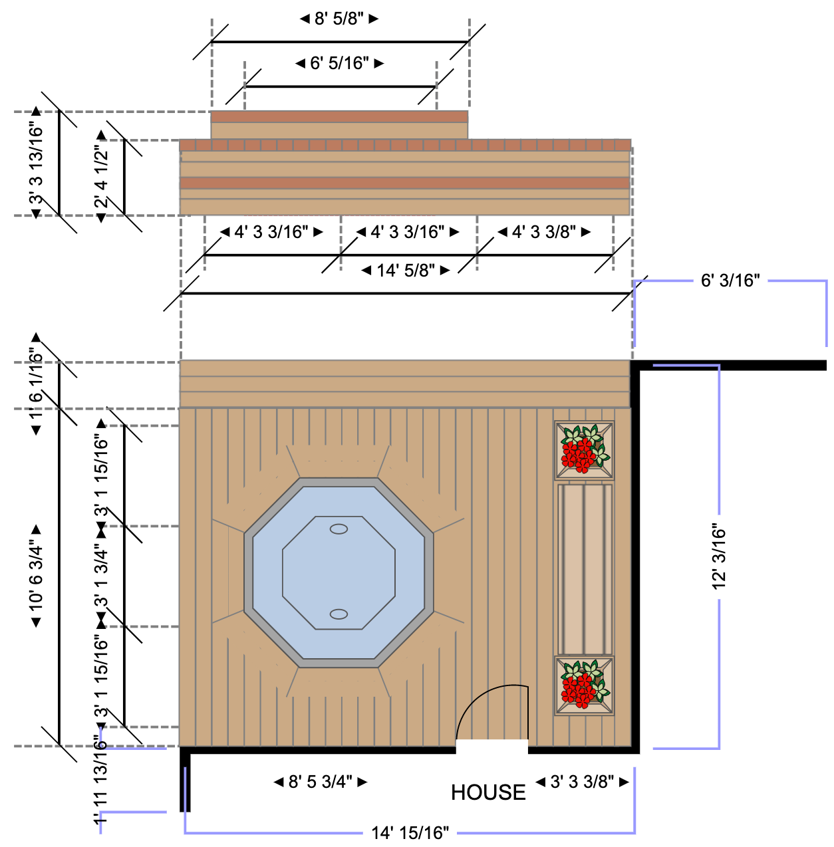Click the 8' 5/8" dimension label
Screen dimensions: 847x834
(x=339, y=19)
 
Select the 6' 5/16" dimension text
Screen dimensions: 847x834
(x=339, y=63)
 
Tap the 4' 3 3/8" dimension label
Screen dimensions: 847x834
(x=544, y=232)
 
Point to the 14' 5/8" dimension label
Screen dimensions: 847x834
(x=406, y=271)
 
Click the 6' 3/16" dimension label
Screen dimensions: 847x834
(x=730, y=281)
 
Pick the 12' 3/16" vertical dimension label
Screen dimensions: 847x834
(x=719, y=557)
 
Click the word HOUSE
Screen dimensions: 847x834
(x=488, y=792)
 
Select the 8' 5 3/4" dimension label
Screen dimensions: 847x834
(x=321, y=782)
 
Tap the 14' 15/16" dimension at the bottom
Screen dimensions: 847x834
(x=410, y=833)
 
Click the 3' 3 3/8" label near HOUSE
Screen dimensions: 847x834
(x=582, y=782)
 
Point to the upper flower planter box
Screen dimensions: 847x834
(x=584, y=450)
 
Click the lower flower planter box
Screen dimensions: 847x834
(x=584, y=685)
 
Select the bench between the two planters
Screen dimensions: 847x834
(x=585, y=568)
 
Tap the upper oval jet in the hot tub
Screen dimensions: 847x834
(x=339, y=529)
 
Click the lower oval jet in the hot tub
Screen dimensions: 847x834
(x=339, y=614)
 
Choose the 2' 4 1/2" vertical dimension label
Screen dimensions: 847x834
(x=101, y=177)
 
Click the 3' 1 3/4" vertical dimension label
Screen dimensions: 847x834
(x=101, y=576)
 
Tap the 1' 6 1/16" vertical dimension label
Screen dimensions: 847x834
(x=36, y=384)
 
